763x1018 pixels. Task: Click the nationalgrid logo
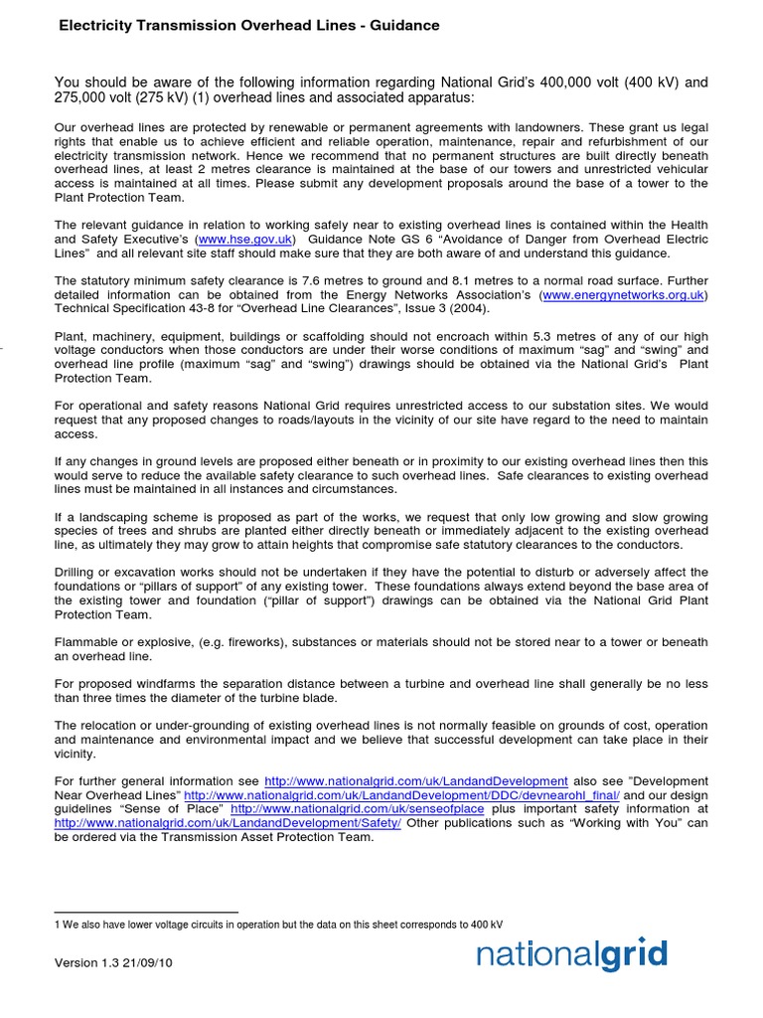[x=571, y=955]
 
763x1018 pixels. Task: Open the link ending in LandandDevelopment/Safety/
[x=228, y=823]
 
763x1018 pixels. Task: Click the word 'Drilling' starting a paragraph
[x=78, y=573]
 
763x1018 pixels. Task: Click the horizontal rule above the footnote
[x=146, y=912]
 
